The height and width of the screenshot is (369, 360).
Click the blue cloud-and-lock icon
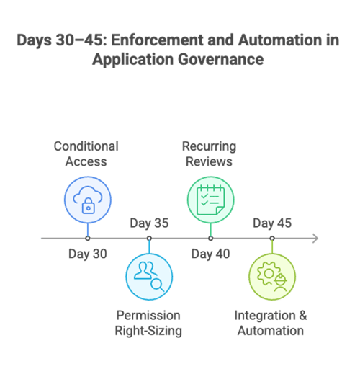(x=87, y=199)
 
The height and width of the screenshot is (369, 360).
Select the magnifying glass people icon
(x=149, y=276)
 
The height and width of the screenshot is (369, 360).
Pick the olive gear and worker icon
(x=272, y=277)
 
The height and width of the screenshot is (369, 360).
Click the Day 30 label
(x=87, y=254)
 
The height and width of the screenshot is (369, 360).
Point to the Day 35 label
(x=149, y=223)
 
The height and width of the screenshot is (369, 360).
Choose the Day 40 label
(x=210, y=254)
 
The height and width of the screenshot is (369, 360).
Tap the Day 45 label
(x=272, y=223)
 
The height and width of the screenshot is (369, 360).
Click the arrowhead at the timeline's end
(x=315, y=238)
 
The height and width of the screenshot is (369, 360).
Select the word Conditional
(x=86, y=146)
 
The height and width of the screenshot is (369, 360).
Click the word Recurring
(x=210, y=146)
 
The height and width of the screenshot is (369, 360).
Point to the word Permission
(x=148, y=316)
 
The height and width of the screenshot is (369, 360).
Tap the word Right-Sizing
(x=148, y=332)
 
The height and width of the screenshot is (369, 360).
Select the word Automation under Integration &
(x=271, y=332)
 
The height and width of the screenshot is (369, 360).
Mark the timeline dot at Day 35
(x=149, y=238)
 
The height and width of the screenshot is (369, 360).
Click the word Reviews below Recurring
(x=210, y=162)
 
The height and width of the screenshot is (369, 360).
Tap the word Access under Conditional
(x=86, y=162)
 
